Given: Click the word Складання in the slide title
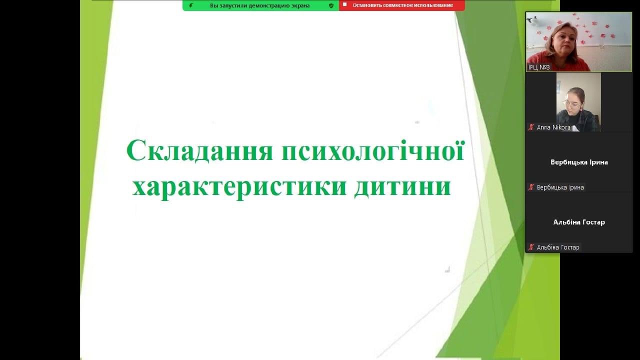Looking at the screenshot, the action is click(199, 150).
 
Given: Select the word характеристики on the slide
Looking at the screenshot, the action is click(239, 187).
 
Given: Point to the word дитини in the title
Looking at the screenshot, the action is click(402, 187).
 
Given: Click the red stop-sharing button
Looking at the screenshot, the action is click(402, 5).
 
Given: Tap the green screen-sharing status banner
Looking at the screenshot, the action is click(260, 5).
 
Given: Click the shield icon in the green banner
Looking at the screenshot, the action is click(331, 5).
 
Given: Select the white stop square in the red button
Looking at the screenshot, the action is click(345, 4).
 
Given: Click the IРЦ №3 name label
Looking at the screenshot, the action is click(539, 67).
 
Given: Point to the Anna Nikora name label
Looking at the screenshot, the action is click(553, 127).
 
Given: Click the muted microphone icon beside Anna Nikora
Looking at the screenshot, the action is click(531, 127).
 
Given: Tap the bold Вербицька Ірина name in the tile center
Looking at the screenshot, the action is click(579, 162).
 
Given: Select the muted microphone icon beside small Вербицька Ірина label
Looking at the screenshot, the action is click(531, 187).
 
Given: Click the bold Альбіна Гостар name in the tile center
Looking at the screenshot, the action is click(579, 222).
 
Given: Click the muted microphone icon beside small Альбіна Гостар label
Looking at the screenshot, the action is click(531, 247).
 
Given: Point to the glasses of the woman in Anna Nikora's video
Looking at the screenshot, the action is click(571, 103).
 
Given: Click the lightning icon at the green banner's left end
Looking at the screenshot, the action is click(191, 5).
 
